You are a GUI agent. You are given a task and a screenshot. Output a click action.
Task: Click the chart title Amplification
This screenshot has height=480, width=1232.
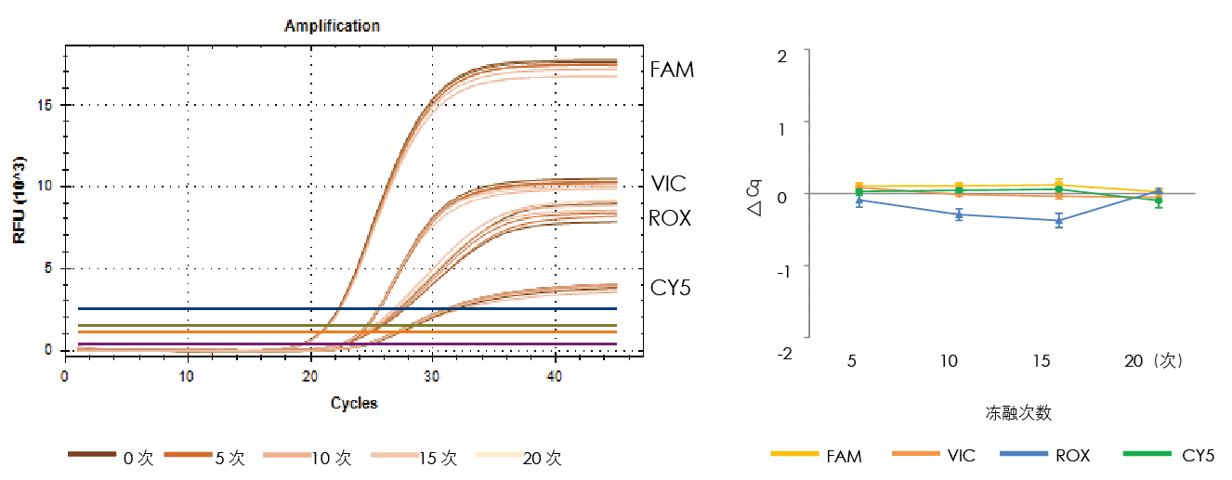332,26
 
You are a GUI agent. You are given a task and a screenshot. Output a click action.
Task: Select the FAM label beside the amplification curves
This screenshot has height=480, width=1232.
672,70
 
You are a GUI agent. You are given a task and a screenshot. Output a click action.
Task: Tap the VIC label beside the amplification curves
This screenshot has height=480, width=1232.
668,184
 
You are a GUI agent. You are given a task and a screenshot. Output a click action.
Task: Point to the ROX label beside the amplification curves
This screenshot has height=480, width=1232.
670,218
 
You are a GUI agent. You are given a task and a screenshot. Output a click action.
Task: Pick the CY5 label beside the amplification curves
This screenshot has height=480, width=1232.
670,289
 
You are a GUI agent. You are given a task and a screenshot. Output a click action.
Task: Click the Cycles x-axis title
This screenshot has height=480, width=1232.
354,403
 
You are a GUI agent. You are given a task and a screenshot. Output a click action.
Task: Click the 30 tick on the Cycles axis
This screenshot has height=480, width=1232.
432,376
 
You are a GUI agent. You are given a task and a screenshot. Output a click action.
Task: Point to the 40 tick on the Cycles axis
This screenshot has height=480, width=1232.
555,376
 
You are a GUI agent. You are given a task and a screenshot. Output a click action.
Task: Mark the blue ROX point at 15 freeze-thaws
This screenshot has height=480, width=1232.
1058,220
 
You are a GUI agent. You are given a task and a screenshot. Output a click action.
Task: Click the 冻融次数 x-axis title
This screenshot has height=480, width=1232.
1018,411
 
